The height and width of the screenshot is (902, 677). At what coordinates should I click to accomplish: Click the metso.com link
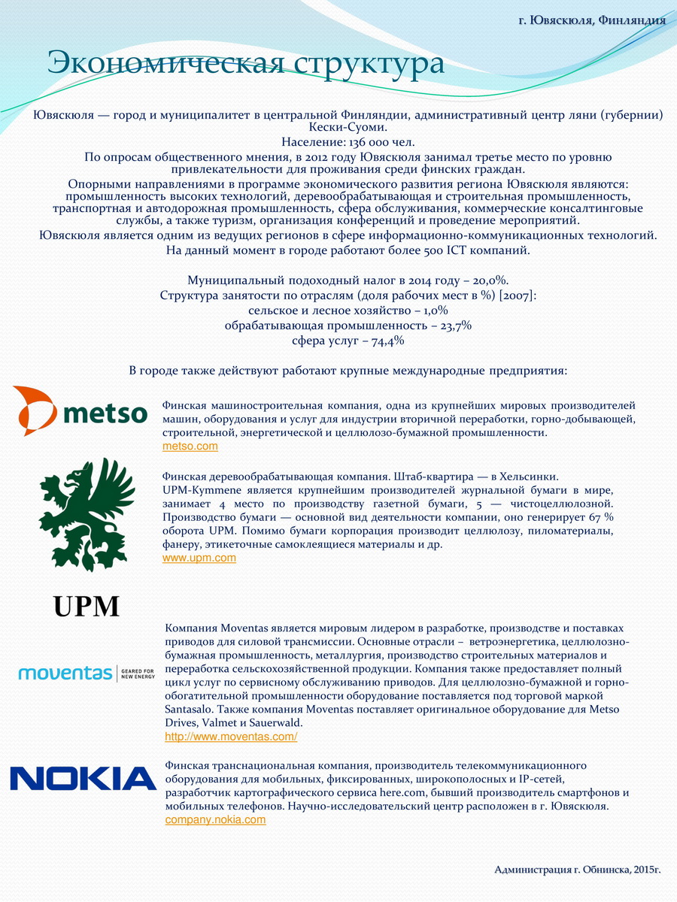tap(190, 446)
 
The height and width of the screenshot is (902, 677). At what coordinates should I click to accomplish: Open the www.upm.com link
tap(199, 558)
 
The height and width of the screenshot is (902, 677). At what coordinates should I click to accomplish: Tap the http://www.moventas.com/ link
tap(231, 737)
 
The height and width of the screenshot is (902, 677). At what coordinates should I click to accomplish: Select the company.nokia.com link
tap(215, 820)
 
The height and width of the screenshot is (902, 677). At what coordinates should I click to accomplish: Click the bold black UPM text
tap(87, 606)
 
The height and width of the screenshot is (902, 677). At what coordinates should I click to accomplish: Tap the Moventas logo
tap(87, 672)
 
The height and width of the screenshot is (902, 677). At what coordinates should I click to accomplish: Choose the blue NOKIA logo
tap(83, 778)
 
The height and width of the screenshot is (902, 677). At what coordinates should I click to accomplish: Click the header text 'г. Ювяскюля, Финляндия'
tap(592, 20)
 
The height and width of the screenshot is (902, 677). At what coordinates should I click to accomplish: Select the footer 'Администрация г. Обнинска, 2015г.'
tap(577, 870)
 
